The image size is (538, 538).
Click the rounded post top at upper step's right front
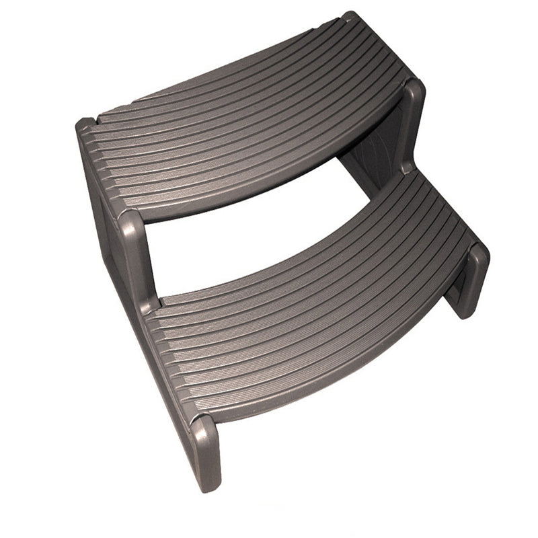412,94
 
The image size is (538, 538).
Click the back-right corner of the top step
350,17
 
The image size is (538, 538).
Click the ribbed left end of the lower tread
161,350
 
